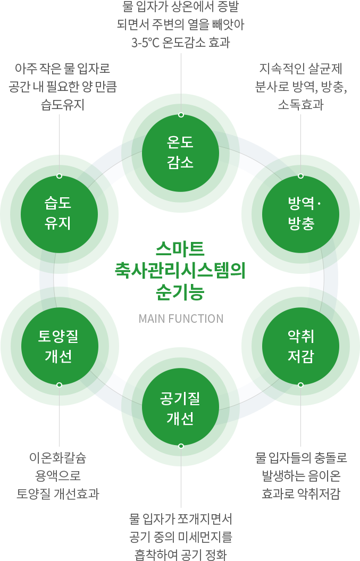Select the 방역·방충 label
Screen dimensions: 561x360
pos(302,213)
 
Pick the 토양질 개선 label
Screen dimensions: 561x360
pos(58,346)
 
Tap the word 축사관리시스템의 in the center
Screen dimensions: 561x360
pos(180,271)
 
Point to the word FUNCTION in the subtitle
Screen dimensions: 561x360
pos(196,319)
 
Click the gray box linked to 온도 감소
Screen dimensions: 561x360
pos(181,24)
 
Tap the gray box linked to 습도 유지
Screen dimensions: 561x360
pos(63,87)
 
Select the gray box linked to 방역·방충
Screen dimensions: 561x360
pos(301,87)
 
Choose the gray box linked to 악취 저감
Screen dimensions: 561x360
pos(301,476)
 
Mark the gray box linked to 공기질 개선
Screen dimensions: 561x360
pos(181,537)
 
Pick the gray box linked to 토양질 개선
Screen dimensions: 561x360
pos(58,476)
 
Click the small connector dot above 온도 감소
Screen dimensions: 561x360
pos(181,115)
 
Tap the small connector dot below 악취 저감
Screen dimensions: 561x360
pos(300,384)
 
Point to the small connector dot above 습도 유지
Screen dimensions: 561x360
pos(59,175)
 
